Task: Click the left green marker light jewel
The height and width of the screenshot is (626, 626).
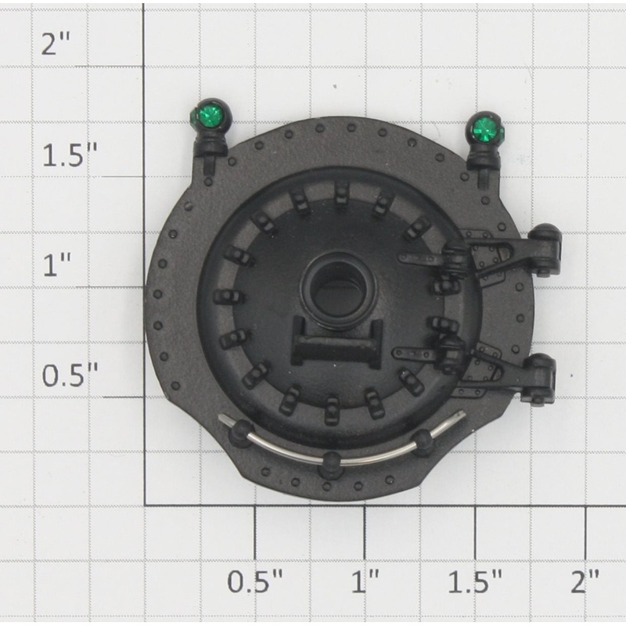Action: pos(206,116)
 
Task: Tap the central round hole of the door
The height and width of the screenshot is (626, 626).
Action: pos(339,288)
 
